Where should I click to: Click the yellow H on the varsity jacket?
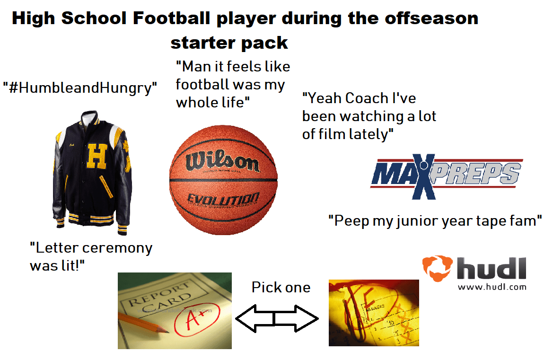97,156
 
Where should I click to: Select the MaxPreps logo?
446,175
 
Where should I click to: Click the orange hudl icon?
437,268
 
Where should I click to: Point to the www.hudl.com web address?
492,287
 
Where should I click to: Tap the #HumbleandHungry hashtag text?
80,88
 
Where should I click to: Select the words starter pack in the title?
229,43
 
